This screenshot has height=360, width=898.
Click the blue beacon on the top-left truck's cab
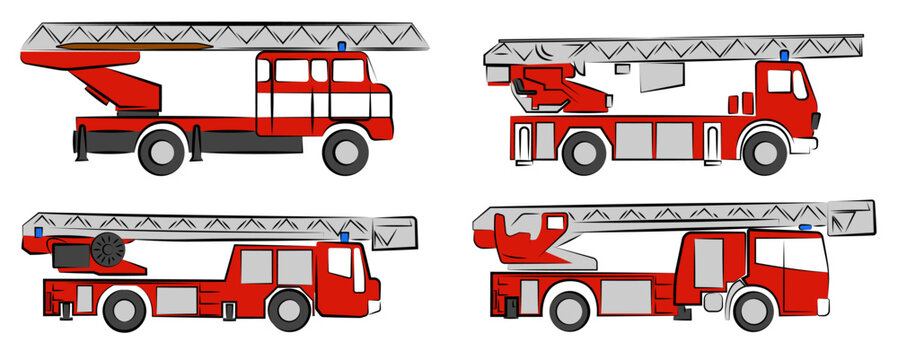pos(342,47)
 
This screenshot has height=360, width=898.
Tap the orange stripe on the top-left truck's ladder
pos(135,45)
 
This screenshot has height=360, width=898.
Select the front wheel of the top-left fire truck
pos(346,151)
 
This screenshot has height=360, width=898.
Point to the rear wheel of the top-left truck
pos(161,151)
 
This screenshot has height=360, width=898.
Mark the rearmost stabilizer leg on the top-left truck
pos(79,143)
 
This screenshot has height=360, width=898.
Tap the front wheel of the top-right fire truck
pos(765,153)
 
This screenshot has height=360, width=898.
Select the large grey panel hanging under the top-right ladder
pos(658,77)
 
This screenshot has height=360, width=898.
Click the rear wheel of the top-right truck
pos(584,153)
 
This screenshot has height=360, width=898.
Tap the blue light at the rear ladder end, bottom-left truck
pos(39,233)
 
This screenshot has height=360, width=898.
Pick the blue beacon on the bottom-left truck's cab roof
pos(345,238)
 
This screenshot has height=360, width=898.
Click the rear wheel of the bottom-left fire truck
pos(124,310)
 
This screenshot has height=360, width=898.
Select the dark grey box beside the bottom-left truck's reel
pos(70,257)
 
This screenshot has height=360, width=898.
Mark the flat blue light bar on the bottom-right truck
pos(805,228)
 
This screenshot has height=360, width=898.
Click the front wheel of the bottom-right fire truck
pos(753,310)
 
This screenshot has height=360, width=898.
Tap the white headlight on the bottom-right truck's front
pos(713,300)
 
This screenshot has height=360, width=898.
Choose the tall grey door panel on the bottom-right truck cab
pos(708,261)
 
